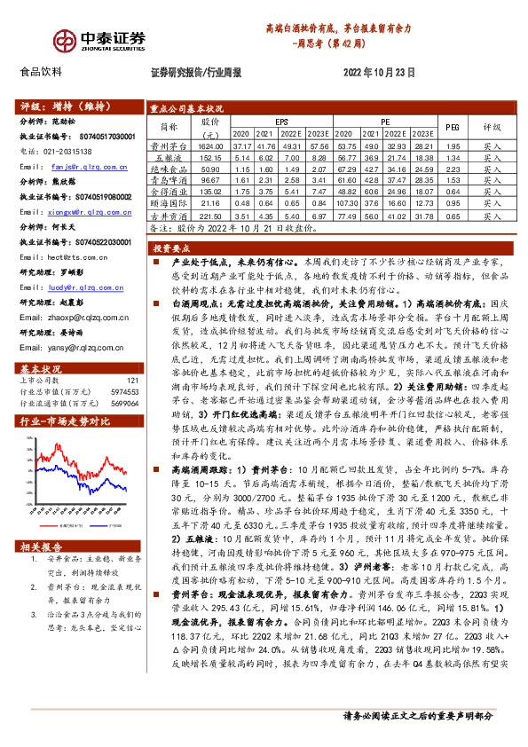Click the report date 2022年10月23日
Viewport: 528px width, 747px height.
pos(377,73)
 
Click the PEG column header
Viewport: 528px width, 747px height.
pos(453,127)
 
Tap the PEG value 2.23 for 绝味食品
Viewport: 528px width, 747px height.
pos(453,168)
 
